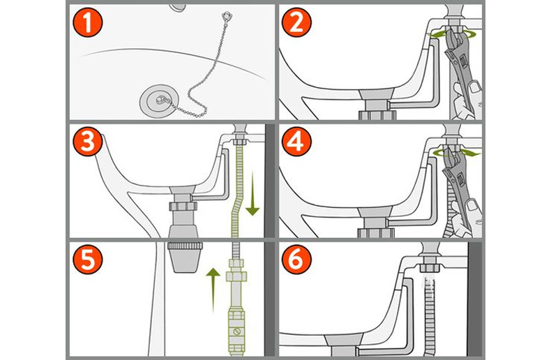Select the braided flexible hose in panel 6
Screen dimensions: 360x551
(431, 314)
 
